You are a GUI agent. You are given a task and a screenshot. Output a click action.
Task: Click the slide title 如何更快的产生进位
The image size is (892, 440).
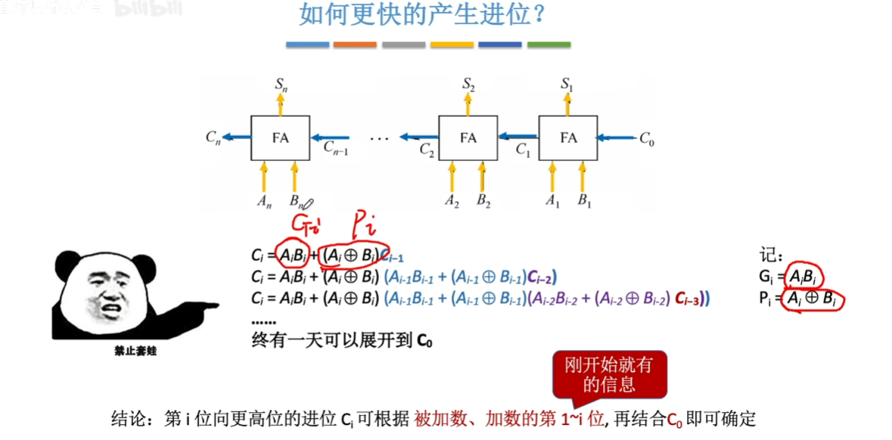[x=421, y=16]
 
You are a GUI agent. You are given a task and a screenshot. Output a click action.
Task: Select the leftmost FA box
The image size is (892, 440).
[x=281, y=138]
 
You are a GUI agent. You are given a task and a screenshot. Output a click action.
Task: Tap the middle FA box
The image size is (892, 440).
[x=468, y=138]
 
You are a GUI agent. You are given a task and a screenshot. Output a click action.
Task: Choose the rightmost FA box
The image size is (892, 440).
[x=568, y=138]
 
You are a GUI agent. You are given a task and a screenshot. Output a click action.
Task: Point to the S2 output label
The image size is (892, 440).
[x=469, y=84]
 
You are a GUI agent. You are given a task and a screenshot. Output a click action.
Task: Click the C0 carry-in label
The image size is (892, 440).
[x=647, y=138]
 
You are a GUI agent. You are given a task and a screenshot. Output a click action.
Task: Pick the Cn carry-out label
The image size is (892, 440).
[x=213, y=138]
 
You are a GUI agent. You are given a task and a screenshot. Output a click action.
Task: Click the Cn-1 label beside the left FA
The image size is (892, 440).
[x=335, y=150]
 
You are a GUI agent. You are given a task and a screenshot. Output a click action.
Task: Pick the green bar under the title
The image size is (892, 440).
[x=549, y=45]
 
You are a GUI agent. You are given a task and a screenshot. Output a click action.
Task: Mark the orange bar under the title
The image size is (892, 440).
[x=355, y=45]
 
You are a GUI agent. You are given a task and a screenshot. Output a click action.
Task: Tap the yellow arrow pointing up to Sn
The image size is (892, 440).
[x=281, y=105]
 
